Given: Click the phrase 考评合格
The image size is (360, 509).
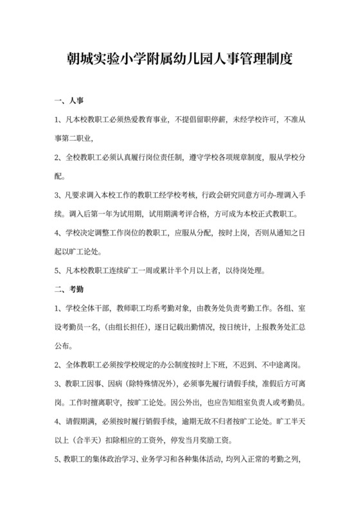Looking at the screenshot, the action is click(x=188, y=213).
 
